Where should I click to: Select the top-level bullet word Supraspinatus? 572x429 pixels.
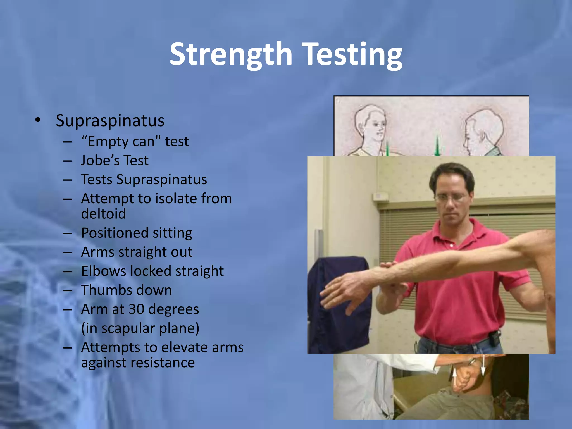(110, 121)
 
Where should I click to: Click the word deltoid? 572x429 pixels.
(103, 214)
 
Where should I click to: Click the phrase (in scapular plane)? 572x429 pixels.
(140, 328)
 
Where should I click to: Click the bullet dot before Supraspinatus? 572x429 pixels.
(38, 121)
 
